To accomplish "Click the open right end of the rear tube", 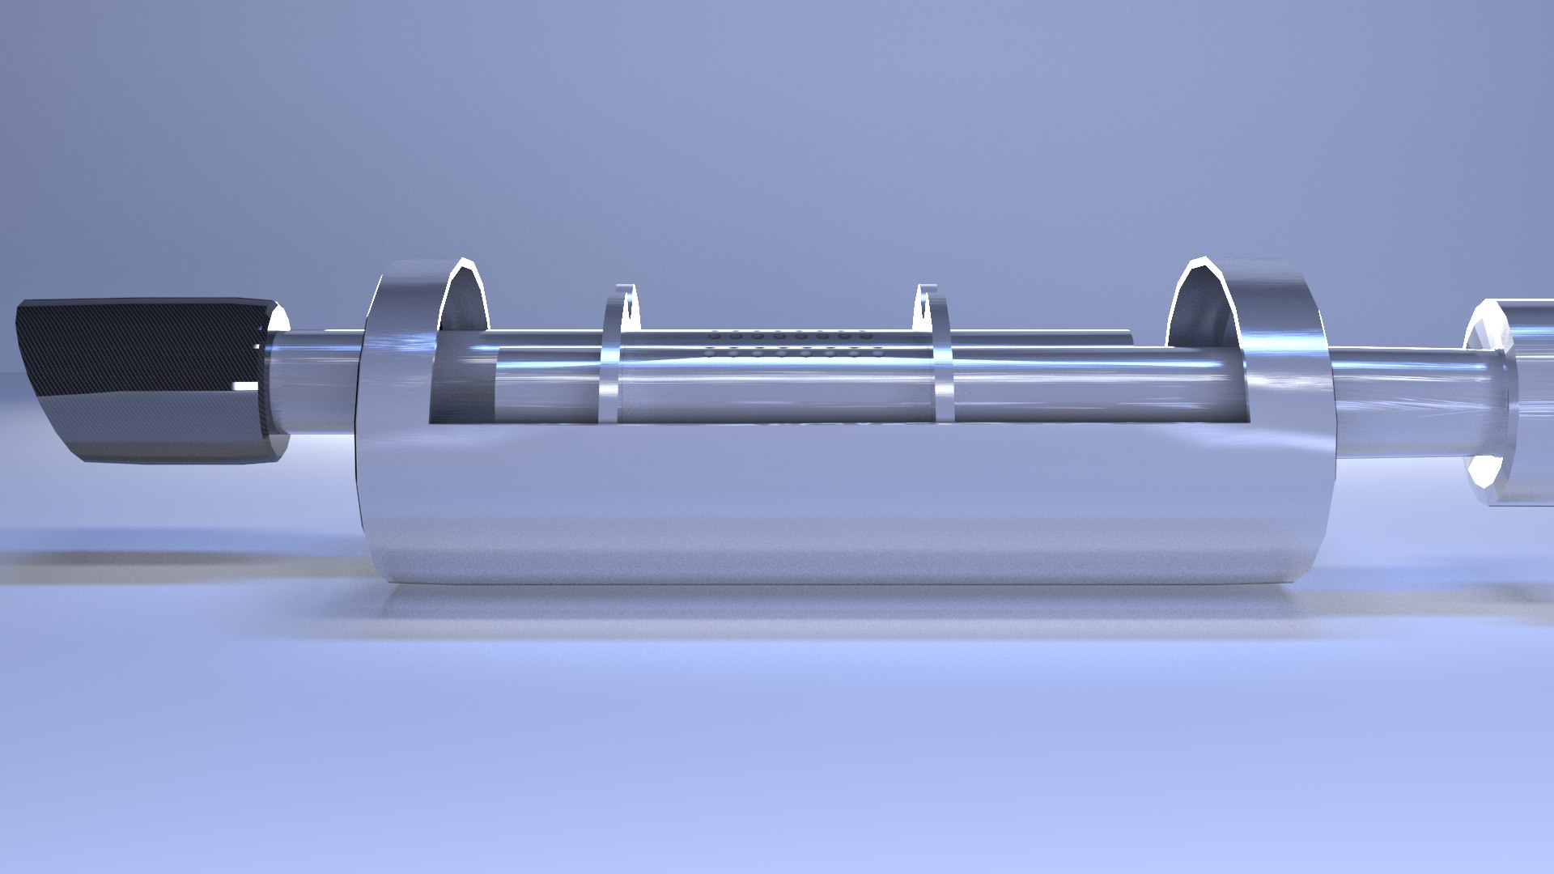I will pos(1129,335).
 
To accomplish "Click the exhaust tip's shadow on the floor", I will pos(162,558).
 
